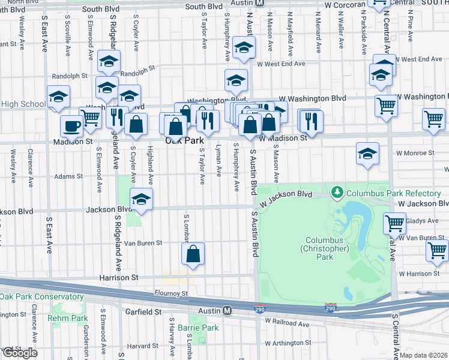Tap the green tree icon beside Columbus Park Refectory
coord(338,193)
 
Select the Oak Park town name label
coord(185,140)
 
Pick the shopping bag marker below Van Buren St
coord(193,254)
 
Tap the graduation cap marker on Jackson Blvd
coord(141,200)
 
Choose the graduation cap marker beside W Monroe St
coord(367,154)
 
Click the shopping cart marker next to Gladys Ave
coord(395,223)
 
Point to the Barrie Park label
coord(202,328)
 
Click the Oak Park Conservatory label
coord(42,297)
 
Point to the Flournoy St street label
coord(171,293)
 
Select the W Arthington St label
coord(284,343)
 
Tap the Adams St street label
coord(67,176)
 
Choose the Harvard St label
coord(142,346)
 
